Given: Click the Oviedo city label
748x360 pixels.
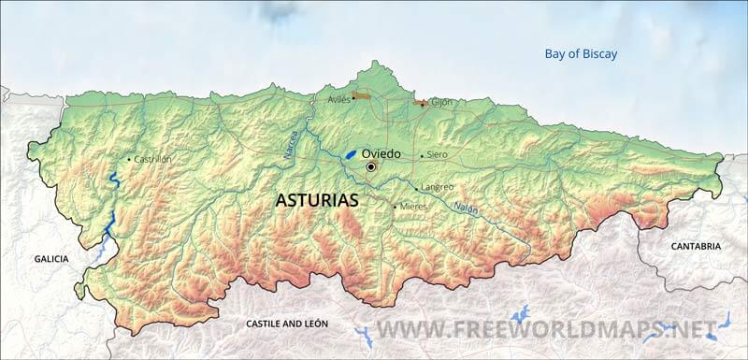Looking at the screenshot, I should [x=381, y=152].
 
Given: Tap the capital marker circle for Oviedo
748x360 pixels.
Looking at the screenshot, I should [x=371, y=166].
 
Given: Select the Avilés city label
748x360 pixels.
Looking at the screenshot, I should [x=338, y=98].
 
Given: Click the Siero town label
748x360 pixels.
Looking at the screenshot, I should [x=437, y=154].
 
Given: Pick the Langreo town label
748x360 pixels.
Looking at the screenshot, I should [x=438, y=186].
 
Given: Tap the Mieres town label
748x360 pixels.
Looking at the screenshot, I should [x=414, y=206].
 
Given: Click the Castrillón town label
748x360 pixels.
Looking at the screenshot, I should [x=152, y=159].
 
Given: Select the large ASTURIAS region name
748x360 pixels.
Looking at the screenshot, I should [x=317, y=200].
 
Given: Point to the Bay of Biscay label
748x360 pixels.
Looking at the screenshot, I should [x=581, y=53].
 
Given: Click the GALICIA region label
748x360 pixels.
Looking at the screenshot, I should [x=52, y=259].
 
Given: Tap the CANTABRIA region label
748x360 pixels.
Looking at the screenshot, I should [x=696, y=246].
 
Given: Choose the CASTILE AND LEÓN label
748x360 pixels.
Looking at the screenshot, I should [x=286, y=324].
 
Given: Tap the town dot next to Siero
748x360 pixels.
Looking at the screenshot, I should [x=422, y=155].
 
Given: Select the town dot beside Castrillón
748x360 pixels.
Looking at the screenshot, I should [x=129, y=160].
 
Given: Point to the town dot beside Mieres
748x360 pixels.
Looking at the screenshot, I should [x=395, y=207].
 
